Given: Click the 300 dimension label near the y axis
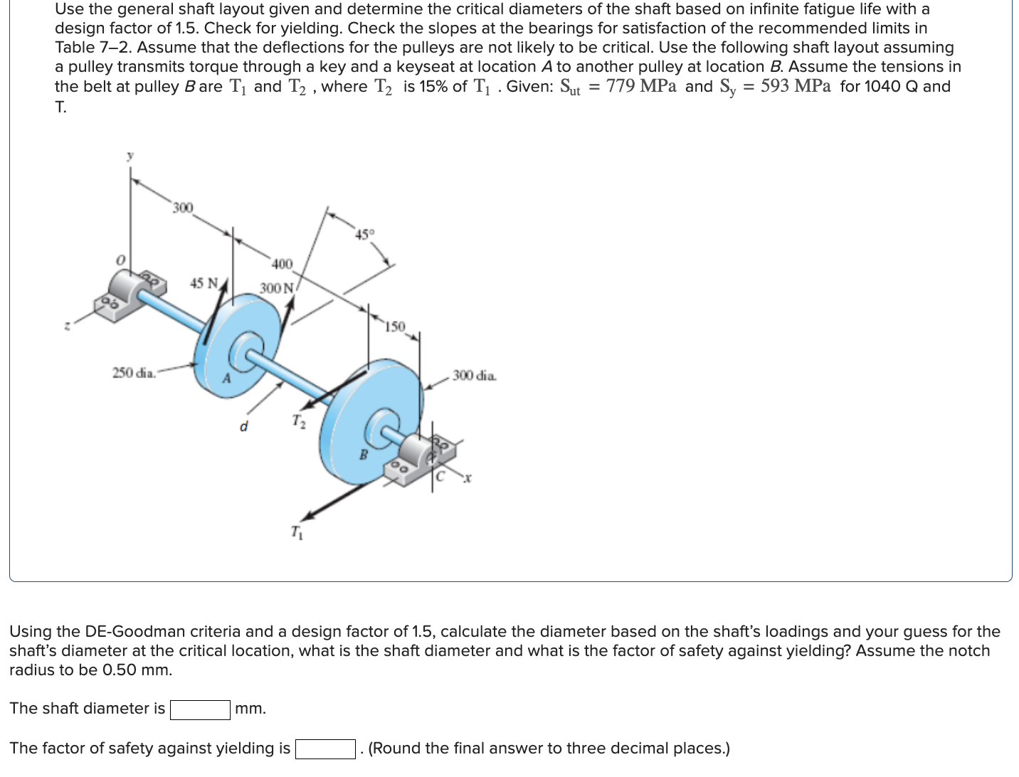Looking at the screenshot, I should (183, 208).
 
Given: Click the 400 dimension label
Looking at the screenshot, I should (282, 264).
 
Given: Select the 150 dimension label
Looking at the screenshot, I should (395, 327).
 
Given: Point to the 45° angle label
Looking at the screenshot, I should (364, 234).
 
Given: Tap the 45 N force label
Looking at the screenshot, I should (204, 283).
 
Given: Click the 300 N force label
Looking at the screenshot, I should (276, 288).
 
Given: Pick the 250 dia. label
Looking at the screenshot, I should (134, 373).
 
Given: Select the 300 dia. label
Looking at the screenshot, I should (475, 375).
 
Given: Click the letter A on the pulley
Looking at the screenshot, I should (227, 379).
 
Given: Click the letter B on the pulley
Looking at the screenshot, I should (363, 455).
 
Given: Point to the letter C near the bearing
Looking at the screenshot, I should (440, 477).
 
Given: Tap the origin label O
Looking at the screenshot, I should (121, 260).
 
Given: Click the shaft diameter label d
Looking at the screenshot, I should (244, 427).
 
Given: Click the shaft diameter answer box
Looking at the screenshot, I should (200, 709).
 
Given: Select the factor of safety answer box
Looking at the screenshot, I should (325, 749).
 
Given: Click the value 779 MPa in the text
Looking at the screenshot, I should (641, 87).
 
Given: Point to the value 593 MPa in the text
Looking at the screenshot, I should (795, 87).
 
